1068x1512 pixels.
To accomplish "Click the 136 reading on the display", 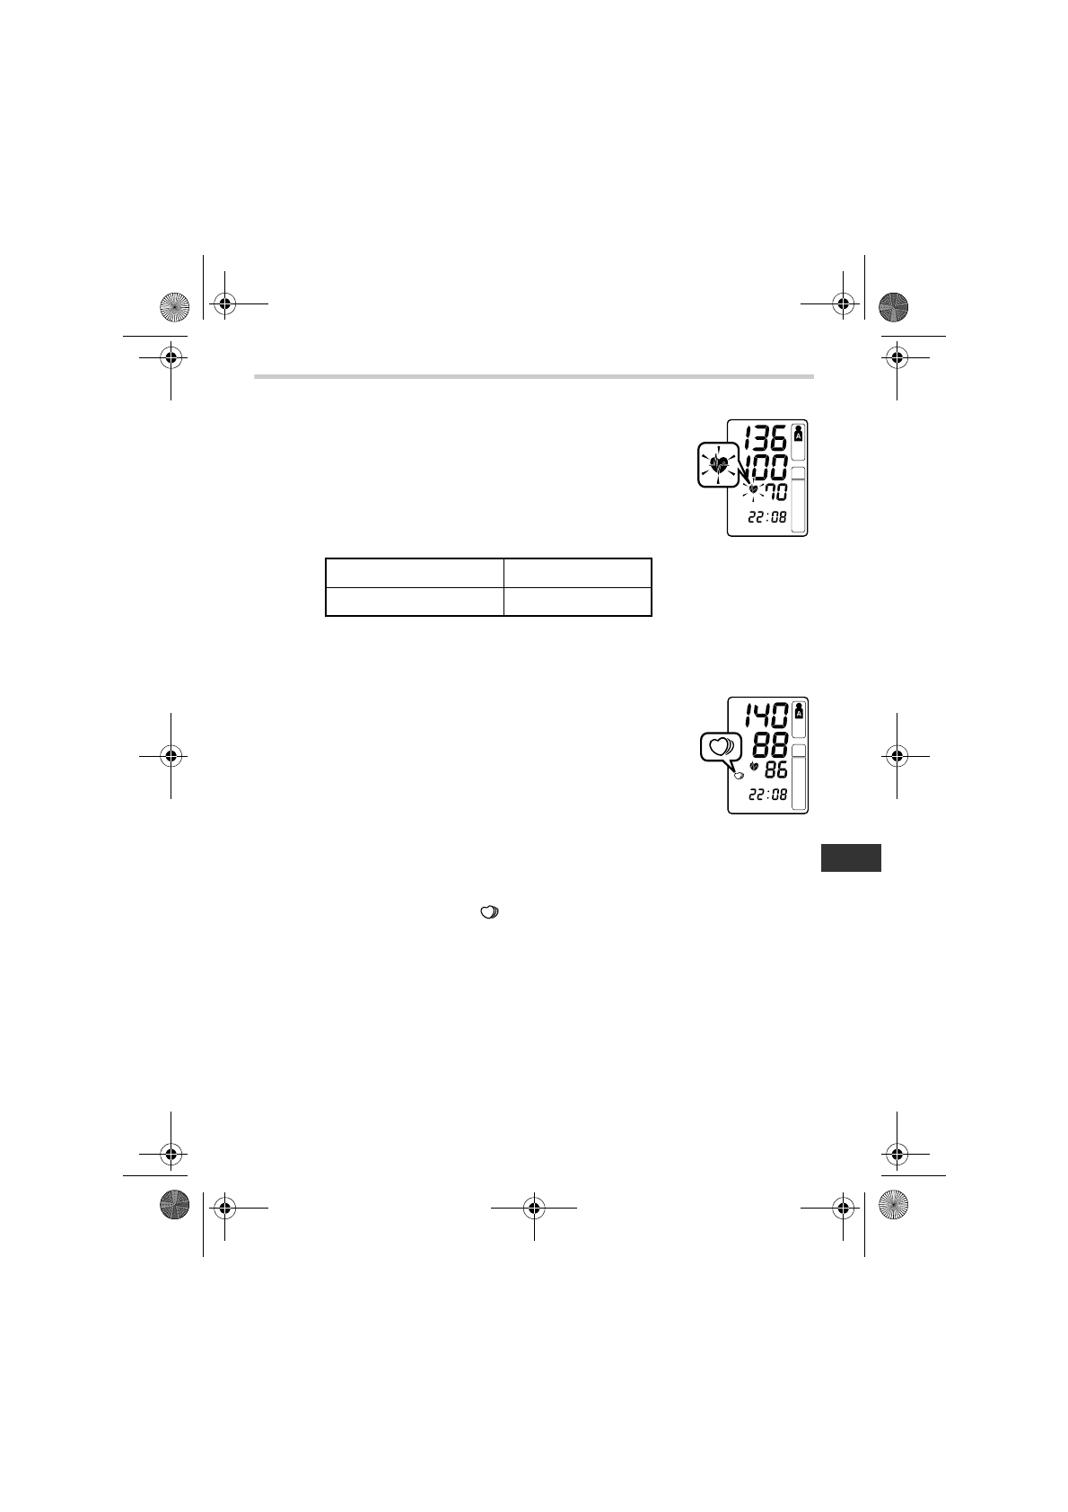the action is [765, 438].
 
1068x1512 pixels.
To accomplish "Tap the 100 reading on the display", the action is [766, 467].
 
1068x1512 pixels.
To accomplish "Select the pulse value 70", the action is [776, 492].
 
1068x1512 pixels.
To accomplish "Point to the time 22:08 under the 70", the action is [767, 517].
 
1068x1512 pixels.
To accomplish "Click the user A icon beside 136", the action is [799, 434].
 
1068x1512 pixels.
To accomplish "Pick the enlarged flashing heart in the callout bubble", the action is [719, 464].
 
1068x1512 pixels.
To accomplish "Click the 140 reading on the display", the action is [767, 715].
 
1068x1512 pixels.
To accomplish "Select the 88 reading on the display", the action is [770, 745].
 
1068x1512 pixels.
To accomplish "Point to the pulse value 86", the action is [776, 769].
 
